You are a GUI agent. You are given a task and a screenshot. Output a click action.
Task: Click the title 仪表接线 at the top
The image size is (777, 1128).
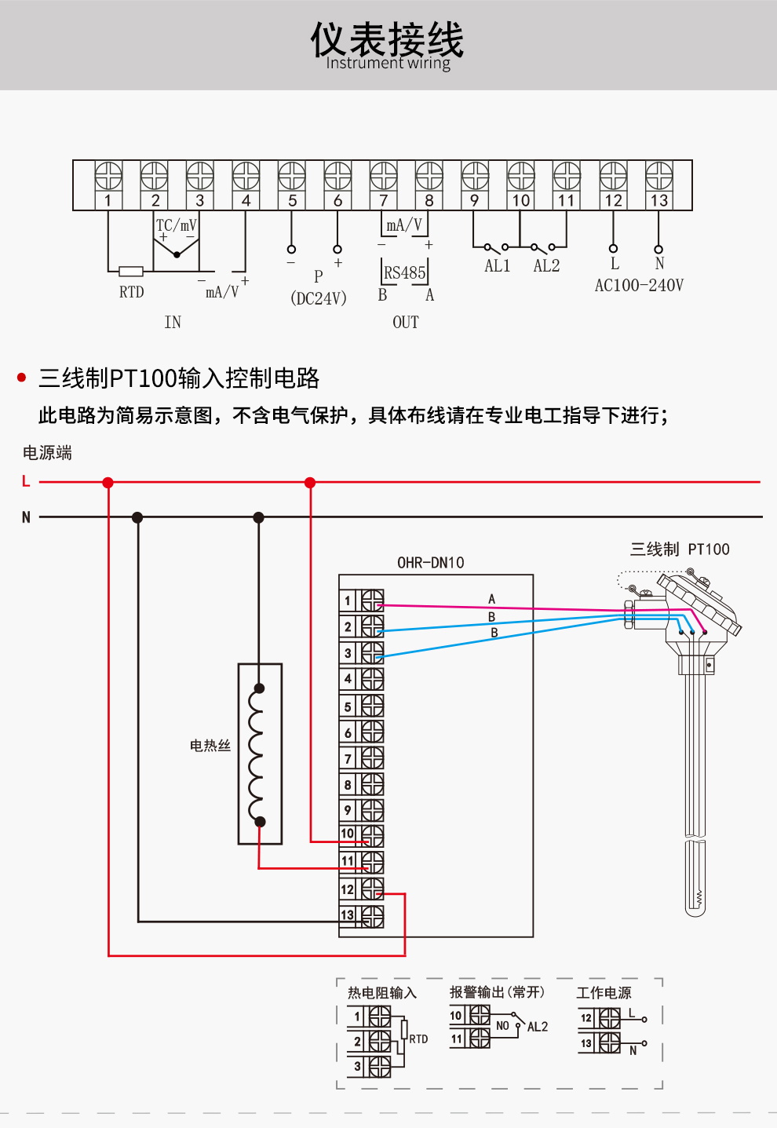point(388,39)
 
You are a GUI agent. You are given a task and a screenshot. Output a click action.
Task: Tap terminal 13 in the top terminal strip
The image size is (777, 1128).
point(658,185)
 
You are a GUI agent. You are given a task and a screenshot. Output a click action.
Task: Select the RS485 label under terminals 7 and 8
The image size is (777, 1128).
point(404,273)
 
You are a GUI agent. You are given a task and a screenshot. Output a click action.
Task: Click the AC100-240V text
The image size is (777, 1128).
point(639,286)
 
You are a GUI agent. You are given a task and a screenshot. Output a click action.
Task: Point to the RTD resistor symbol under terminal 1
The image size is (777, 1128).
point(131,272)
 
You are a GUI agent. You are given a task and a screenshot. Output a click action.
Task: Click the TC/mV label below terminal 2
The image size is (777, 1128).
point(177,225)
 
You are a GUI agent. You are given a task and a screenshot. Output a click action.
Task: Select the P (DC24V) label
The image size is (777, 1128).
point(319,288)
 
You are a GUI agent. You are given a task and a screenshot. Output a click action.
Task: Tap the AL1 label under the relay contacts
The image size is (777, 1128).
point(497,266)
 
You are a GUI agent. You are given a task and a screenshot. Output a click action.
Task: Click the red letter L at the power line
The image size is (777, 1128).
point(26,481)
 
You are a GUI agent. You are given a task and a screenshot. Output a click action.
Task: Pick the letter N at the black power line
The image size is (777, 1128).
point(26,517)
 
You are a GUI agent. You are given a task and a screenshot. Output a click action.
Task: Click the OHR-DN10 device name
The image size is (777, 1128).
point(430,563)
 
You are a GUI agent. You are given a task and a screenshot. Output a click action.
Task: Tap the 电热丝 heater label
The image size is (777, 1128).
point(210,746)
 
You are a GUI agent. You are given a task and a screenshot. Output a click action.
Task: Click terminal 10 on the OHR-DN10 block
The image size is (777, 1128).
point(362,834)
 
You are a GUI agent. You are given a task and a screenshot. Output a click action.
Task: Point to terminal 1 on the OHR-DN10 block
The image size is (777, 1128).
point(362,601)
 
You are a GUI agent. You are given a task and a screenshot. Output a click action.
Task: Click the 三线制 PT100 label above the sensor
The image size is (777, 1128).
point(680,549)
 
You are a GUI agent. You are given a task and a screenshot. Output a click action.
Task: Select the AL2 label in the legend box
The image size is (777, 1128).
point(538,1027)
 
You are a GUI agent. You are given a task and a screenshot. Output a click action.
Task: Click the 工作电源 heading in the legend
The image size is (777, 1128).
point(604,993)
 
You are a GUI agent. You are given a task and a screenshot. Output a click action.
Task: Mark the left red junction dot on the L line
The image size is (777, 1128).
point(108,483)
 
